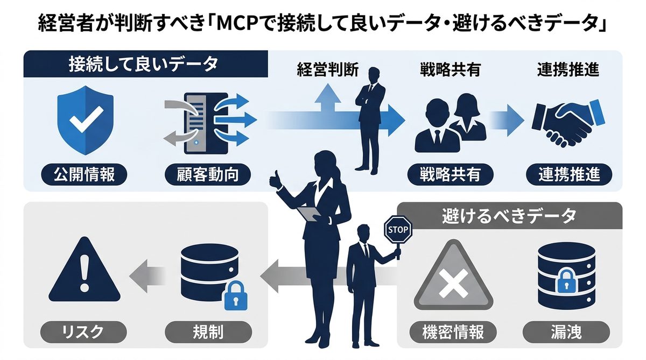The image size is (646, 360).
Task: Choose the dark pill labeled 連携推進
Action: (568, 174)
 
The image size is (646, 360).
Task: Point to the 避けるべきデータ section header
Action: (509, 216)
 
